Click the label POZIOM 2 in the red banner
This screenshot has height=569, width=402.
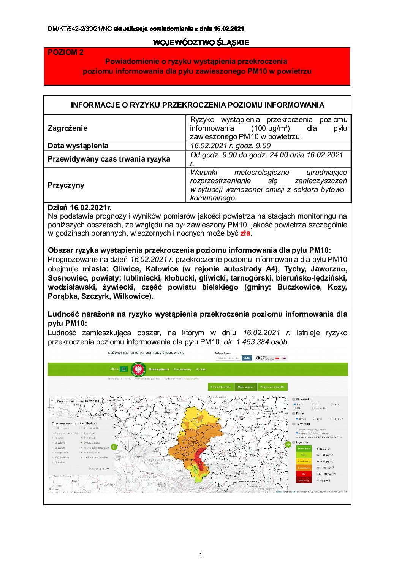65,52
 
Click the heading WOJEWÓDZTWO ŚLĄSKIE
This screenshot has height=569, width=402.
201,43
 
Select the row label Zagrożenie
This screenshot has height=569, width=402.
68,128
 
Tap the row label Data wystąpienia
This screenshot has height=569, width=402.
78,146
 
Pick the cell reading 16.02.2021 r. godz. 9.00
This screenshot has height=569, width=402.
230,146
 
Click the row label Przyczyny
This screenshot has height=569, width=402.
66,185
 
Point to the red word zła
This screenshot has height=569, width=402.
245,233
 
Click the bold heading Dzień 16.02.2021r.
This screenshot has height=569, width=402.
79,208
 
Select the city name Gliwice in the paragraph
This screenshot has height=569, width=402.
126,269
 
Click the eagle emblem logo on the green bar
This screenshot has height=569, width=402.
138,369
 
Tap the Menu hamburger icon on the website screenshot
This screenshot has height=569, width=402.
123,369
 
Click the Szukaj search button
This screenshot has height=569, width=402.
247,358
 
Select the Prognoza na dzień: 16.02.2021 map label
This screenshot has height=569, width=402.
78,401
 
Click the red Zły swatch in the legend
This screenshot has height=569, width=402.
304,474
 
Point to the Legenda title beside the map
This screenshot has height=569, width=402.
302,442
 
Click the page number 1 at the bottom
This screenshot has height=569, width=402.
201,556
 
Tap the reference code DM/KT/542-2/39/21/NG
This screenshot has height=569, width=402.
80,29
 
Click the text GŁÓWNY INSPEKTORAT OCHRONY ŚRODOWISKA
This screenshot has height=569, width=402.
146,353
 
